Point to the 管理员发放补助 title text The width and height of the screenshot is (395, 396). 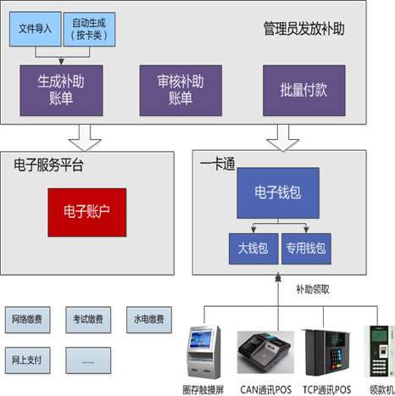303,31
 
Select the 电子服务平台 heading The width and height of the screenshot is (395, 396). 48,163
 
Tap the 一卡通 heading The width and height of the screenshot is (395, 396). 216,163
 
